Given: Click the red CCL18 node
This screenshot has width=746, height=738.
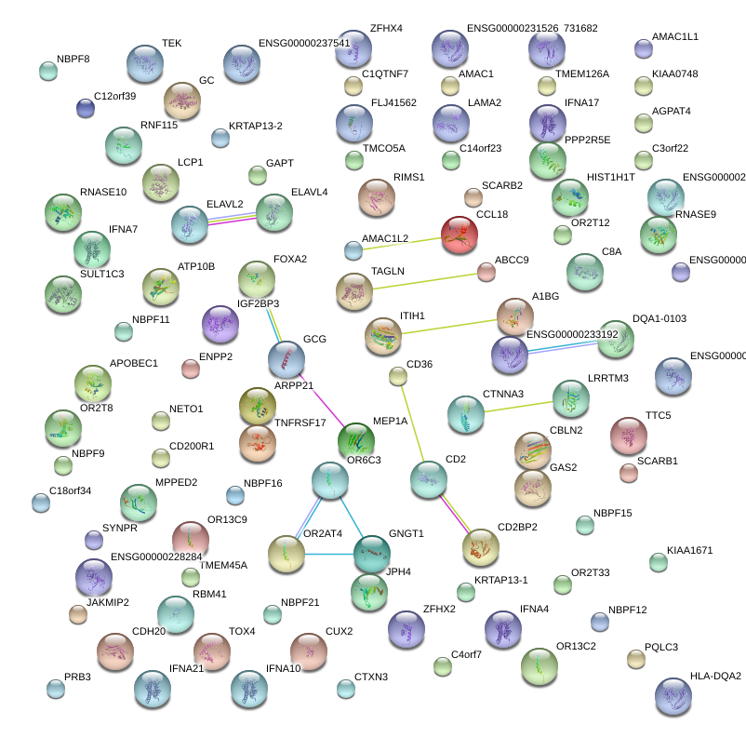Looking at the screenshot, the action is tap(459, 236).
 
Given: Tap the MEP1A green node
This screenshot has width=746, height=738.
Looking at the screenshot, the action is tap(354, 439).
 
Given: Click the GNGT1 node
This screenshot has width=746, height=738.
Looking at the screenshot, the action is tap(372, 554).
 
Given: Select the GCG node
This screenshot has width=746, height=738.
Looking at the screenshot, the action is tap(286, 359).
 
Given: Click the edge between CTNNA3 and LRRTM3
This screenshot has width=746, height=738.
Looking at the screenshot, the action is tap(517, 406).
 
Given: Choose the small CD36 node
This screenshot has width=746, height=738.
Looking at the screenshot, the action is tap(398, 376).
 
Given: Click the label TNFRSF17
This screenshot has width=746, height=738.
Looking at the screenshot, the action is tap(300, 423).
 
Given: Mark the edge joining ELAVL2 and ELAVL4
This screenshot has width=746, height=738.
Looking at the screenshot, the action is tap(232, 218).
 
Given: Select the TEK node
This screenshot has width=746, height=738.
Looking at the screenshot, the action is tap(144, 63).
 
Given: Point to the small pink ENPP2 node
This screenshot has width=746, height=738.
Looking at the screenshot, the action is tap(191, 369).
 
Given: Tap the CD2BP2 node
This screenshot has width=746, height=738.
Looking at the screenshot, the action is tap(481, 547).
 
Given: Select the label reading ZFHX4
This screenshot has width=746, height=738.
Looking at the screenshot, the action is tap(386, 29).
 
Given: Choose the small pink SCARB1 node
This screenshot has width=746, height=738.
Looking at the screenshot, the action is tap(629, 473).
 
